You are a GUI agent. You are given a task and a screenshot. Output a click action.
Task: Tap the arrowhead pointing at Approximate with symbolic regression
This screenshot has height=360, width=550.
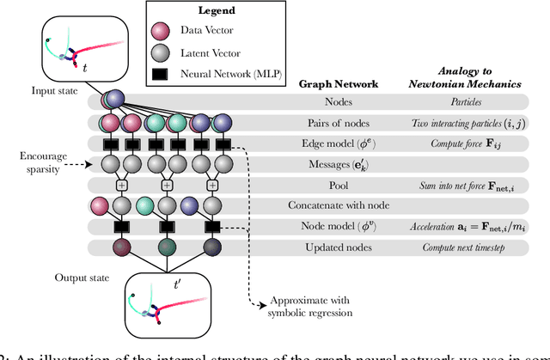[x=260, y=302]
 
